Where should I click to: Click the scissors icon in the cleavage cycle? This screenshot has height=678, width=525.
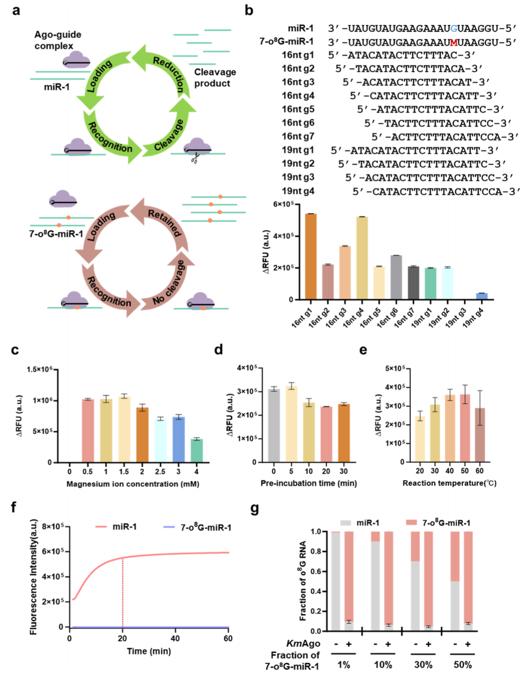pos(195,160)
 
